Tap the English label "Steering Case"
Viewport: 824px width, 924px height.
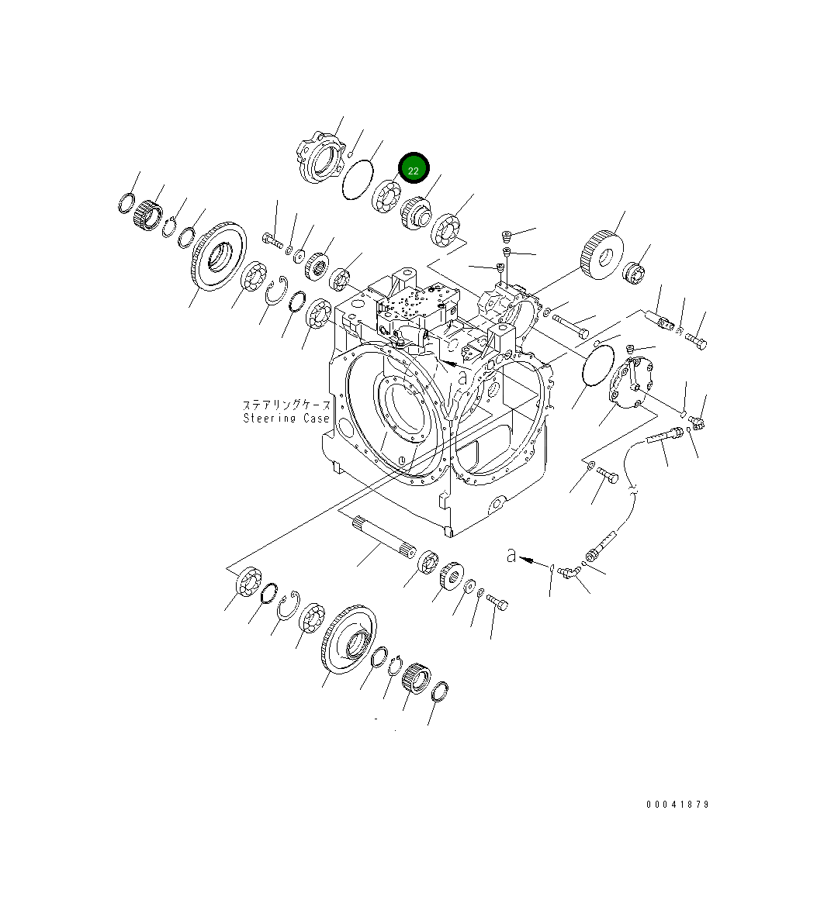[x=286, y=419]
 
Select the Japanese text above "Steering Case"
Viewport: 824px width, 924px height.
[x=286, y=405]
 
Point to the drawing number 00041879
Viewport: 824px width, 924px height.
[x=677, y=805]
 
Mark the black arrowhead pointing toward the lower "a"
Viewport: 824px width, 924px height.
[x=527, y=558]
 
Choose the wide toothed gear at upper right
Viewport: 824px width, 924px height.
[x=601, y=250]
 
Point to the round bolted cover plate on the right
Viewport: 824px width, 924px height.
[x=628, y=386]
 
